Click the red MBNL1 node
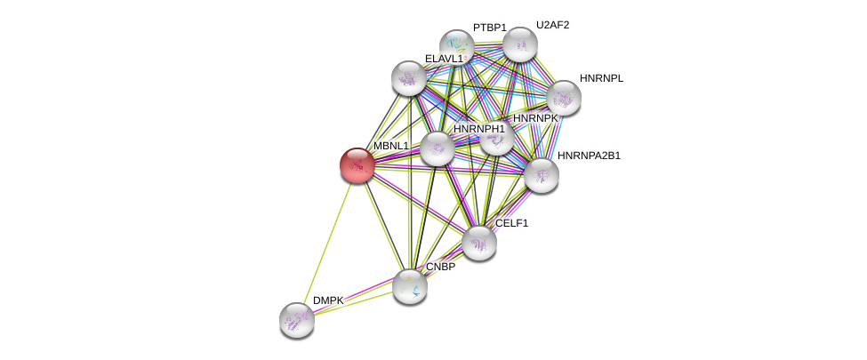pos(357,165)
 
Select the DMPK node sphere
pos(297,320)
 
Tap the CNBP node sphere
pos(410,285)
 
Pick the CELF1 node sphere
pos(479,243)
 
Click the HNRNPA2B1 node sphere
pos(541,175)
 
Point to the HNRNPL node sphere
pos(563,98)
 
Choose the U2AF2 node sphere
pos(520,44)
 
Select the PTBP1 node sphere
pos(457,47)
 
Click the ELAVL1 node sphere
pos(409,78)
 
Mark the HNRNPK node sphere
pos(496,138)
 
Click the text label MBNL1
pos(391,146)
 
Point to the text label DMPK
pos(327,300)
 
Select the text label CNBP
pos(440,267)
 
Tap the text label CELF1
pos(511,223)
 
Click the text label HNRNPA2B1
pos(589,156)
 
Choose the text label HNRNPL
pos(601,78)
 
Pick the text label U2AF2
pos(552,25)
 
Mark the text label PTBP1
pos(489,28)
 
